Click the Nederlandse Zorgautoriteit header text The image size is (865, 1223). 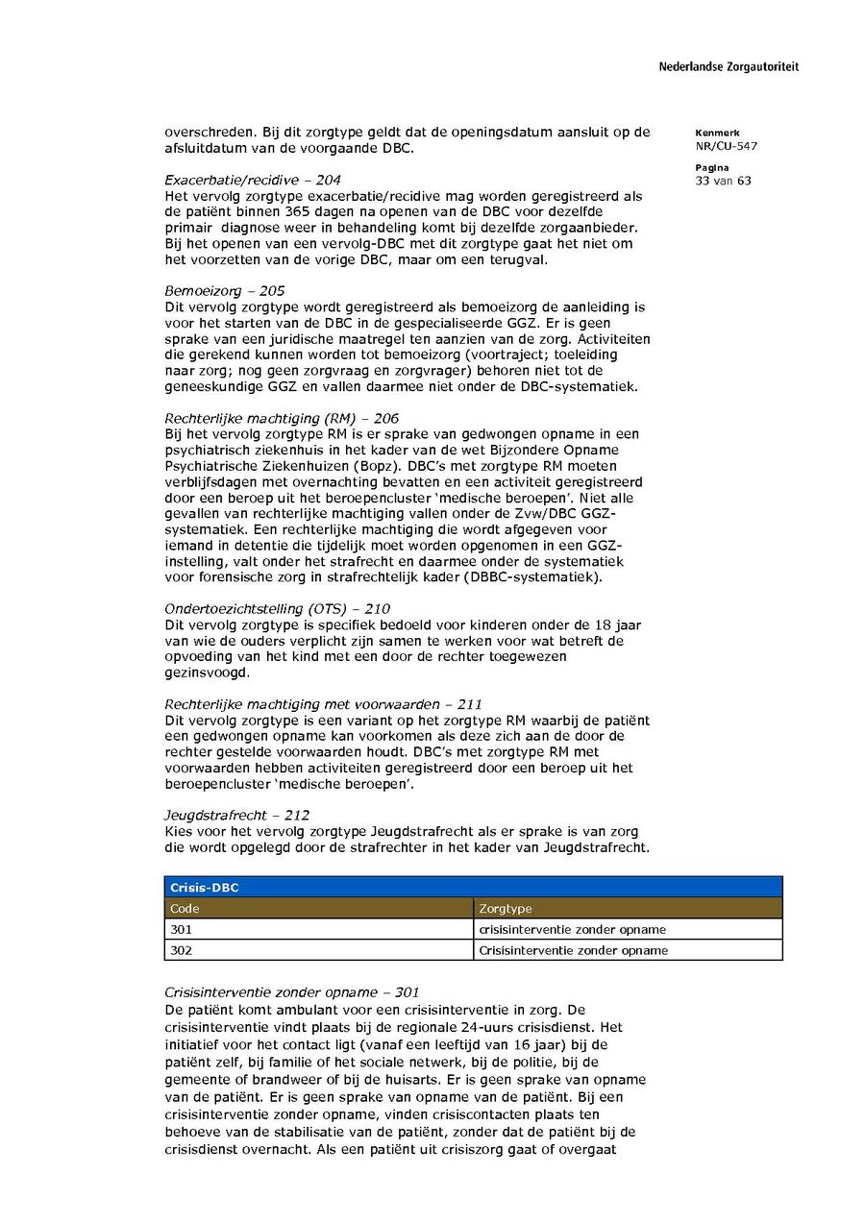[x=728, y=67]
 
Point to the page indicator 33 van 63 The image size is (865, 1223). [x=723, y=180]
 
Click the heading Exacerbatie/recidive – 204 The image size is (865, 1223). [x=252, y=180]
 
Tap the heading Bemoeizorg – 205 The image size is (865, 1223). [x=224, y=291]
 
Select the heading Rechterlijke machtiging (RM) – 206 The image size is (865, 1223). [x=281, y=418]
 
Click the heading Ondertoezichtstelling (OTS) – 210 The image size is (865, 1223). [x=278, y=609]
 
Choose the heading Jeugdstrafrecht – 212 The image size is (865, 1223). [x=236, y=816]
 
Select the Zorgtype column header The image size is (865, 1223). [x=505, y=909]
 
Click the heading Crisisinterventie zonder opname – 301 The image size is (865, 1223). [x=292, y=992]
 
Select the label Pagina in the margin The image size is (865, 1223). [x=711, y=167]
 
